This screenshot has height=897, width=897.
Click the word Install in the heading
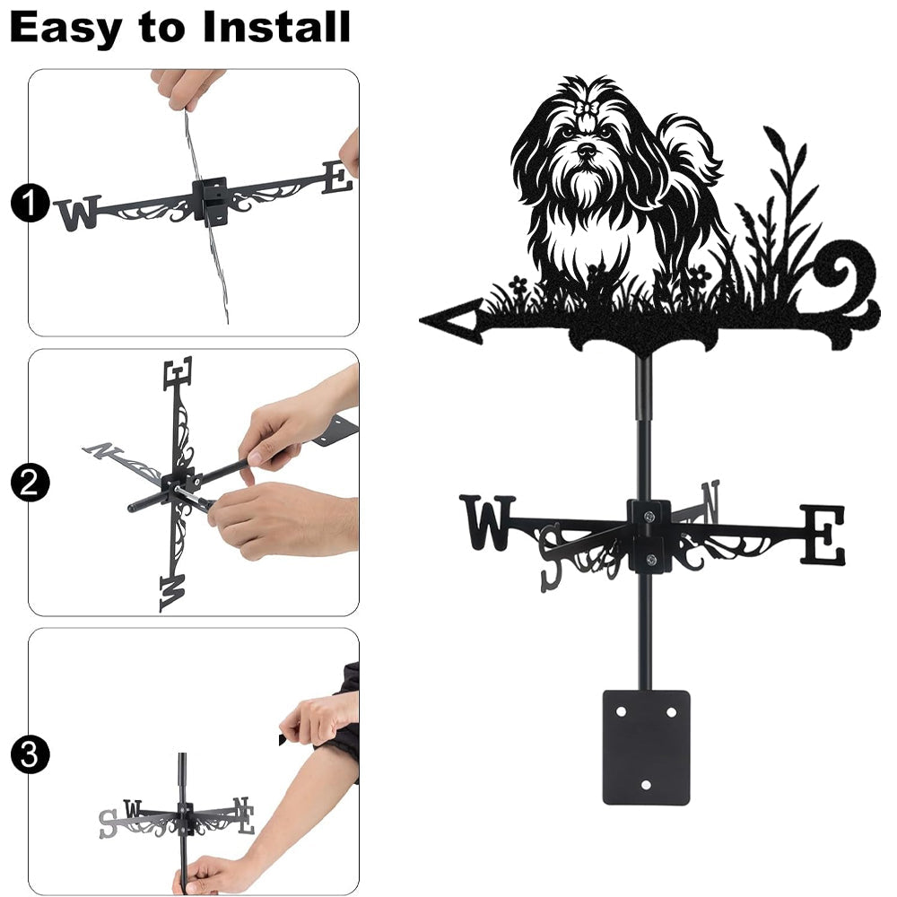[x=276, y=27]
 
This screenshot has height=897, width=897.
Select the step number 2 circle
[x=29, y=483]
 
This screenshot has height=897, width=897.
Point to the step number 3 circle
[x=29, y=755]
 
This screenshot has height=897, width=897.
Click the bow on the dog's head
[x=588, y=109]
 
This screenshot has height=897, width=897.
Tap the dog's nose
[x=587, y=150]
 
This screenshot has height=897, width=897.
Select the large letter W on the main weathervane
[x=487, y=522]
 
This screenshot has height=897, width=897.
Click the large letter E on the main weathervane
[x=822, y=534]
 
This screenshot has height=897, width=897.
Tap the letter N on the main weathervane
[x=710, y=501]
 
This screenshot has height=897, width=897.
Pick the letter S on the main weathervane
[x=552, y=557]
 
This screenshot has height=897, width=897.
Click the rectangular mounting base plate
[x=646, y=748]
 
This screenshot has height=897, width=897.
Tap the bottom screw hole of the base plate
[x=646, y=785]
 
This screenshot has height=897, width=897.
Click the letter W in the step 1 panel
[x=79, y=213]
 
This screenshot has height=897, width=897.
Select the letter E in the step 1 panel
[x=337, y=178]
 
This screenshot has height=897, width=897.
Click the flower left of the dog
[x=518, y=283]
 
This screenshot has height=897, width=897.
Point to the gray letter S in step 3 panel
[x=108, y=823]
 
